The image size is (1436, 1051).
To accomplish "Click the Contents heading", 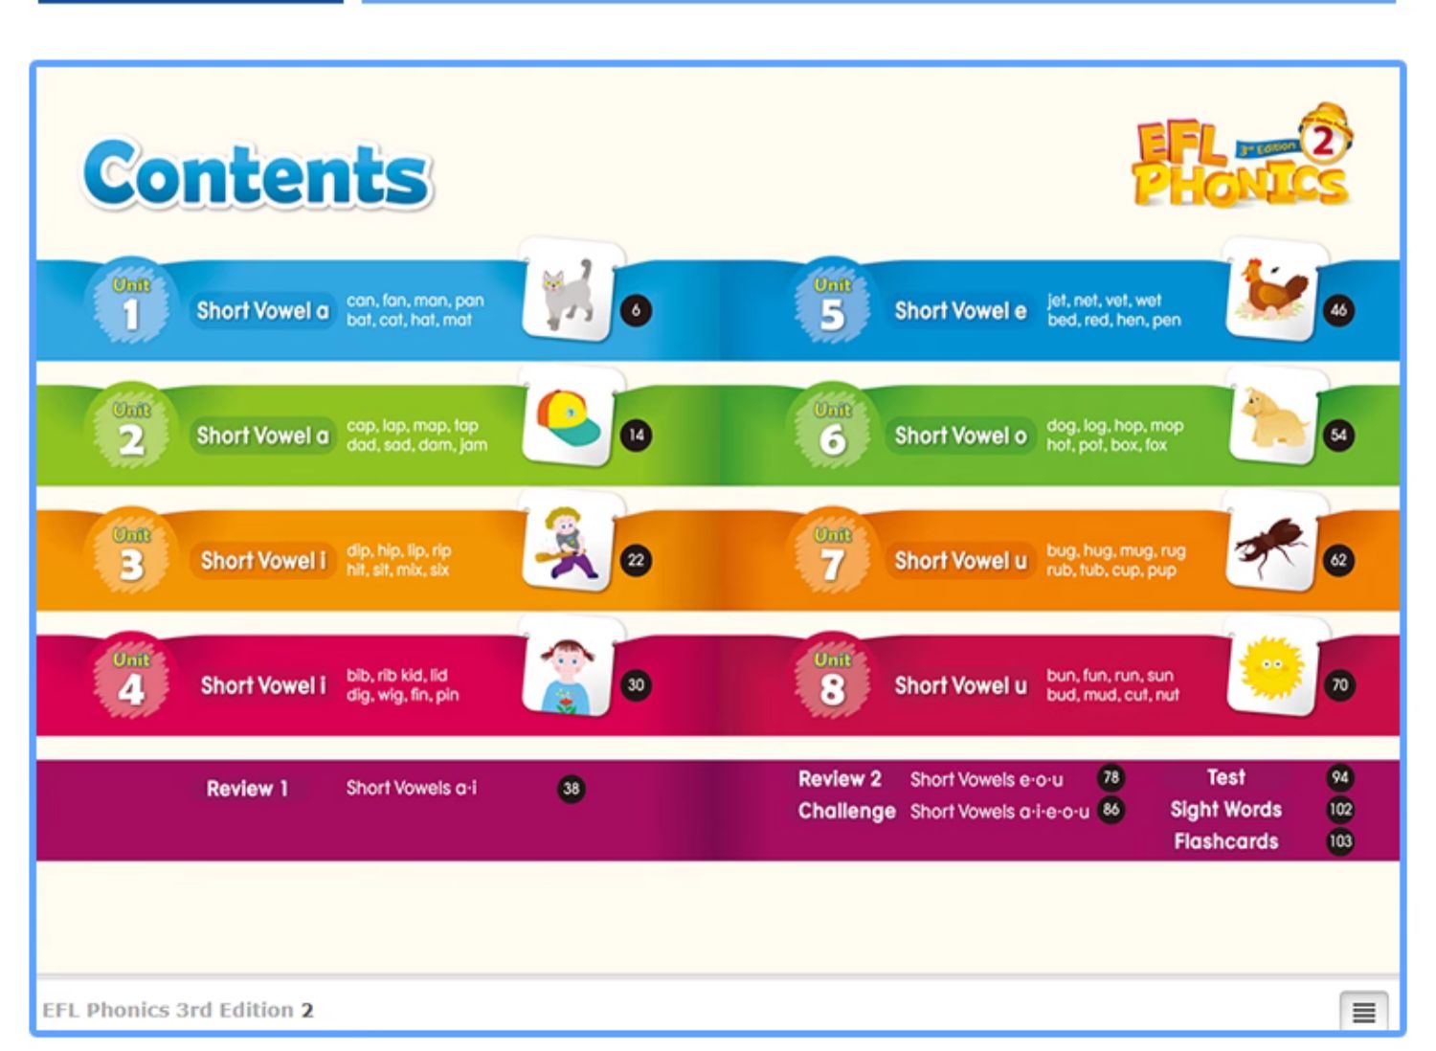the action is click(x=258, y=174).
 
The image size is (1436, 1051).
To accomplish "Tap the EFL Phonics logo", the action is click(x=1244, y=157).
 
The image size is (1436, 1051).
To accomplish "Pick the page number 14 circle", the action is click(x=636, y=436).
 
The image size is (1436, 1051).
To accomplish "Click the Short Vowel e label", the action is click(x=960, y=311).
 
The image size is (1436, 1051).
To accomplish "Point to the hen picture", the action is click(x=1273, y=288).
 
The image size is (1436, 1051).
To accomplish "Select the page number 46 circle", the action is click(x=1338, y=310).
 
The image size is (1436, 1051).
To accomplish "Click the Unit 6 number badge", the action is click(x=832, y=426).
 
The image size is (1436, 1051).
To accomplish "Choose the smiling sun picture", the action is click(x=1272, y=668).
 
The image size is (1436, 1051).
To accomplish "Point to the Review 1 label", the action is click(x=247, y=789).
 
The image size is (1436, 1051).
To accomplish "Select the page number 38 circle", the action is click(x=571, y=789).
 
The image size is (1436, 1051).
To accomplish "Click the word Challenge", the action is click(x=847, y=812).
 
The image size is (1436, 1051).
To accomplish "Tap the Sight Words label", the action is click(x=1225, y=810).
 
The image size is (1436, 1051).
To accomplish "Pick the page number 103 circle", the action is click(x=1340, y=840).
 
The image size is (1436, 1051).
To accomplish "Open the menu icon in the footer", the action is click(x=1363, y=1012).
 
